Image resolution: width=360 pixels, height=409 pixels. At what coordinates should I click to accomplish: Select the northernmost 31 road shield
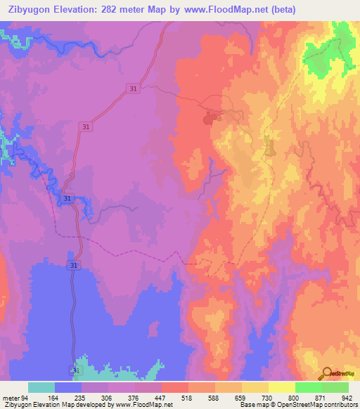click(x=133, y=88)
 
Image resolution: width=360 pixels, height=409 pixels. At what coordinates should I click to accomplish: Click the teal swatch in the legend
click(x=41, y=387)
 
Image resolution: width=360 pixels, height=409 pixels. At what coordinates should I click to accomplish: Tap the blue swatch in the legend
click(x=68, y=387)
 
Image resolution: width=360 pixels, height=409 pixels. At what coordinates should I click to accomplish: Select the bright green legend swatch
click(x=308, y=387)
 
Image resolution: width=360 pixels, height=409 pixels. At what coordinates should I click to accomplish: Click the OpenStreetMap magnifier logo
click(x=325, y=374)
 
